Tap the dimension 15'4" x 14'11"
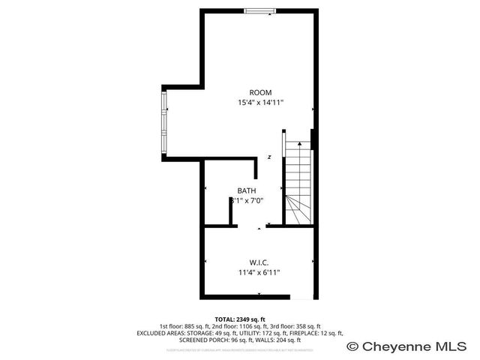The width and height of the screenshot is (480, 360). (x=260, y=103)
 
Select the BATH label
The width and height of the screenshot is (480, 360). (x=247, y=190)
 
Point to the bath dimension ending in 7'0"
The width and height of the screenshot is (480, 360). (x=247, y=201)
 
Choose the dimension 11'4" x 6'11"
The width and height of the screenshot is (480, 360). (x=259, y=272)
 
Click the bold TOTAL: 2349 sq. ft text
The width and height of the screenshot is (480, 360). (x=240, y=319)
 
